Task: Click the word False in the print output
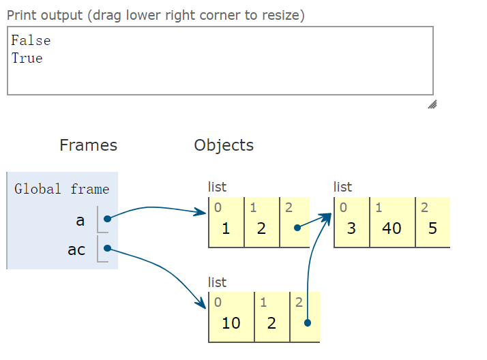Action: coord(31,41)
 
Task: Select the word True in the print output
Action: coord(27,59)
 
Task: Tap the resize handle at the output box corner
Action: coord(432,104)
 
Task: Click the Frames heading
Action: coord(89,145)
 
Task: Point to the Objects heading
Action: coord(224,145)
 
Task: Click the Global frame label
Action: coord(62,189)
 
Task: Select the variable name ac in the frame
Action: coord(76,250)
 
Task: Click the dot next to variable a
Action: coord(108,219)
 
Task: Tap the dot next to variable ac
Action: coord(108,248)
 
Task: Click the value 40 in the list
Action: coord(392,228)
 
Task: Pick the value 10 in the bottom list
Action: coord(231,323)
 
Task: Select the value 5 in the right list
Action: coord(432,228)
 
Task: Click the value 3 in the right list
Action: coord(351,228)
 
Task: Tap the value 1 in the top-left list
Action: coord(226,228)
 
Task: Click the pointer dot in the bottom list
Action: coord(308,323)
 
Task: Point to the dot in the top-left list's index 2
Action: coord(297,228)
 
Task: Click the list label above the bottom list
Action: coord(217,282)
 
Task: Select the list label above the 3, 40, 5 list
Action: coord(342,187)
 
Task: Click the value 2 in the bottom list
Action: coord(271,323)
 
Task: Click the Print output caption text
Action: coord(156,15)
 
